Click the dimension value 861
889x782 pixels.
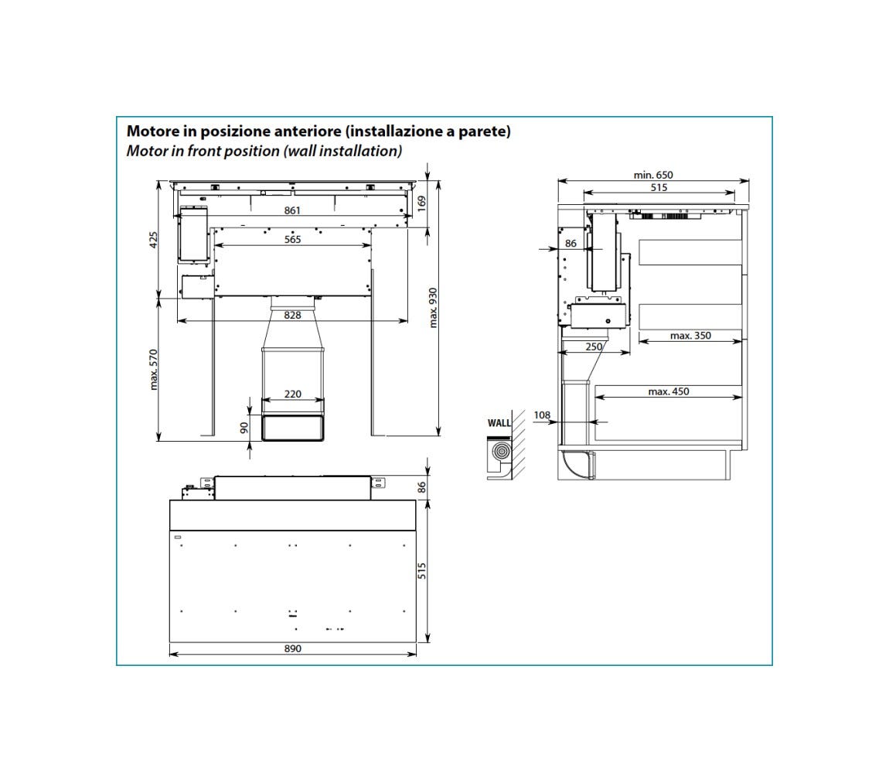pyautogui.click(x=292, y=210)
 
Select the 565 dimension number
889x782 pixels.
pyautogui.click(x=292, y=240)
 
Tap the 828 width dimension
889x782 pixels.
pyautogui.click(x=292, y=315)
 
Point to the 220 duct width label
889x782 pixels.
pyautogui.click(x=292, y=394)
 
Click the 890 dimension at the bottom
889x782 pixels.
pyautogui.click(x=292, y=648)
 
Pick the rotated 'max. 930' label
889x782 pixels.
pyautogui.click(x=434, y=308)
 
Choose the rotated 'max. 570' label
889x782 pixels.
pyautogui.click(x=154, y=370)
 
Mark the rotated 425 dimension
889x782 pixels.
pyautogui.click(x=154, y=240)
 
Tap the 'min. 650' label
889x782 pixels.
pyautogui.click(x=653, y=175)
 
